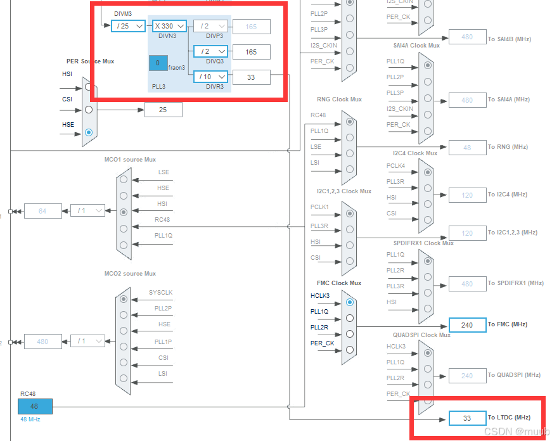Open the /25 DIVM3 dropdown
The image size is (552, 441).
(x=128, y=26)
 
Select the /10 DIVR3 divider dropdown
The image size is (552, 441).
(x=210, y=77)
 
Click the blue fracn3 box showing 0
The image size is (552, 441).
(x=158, y=63)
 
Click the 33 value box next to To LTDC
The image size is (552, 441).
(x=467, y=418)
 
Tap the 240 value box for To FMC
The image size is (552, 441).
(x=467, y=325)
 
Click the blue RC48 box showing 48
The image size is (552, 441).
(x=35, y=406)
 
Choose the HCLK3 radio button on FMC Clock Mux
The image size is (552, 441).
(x=349, y=303)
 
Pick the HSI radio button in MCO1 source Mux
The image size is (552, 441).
(x=124, y=212)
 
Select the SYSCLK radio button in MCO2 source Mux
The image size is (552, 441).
(x=124, y=299)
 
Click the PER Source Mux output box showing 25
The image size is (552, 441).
(x=163, y=110)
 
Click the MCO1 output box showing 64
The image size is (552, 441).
(x=43, y=211)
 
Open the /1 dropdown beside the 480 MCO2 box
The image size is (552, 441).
(x=87, y=341)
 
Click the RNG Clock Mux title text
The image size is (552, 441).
(x=339, y=99)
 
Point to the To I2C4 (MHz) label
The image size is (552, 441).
(x=507, y=195)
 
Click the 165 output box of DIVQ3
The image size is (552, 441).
(x=251, y=52)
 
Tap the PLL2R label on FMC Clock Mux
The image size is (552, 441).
(x=319, y=327)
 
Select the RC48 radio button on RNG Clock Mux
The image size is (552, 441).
(x=349, y=122)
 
